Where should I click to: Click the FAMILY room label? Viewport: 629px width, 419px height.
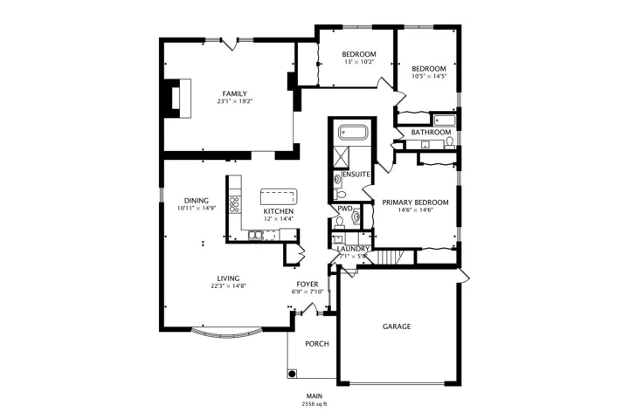[235, 93]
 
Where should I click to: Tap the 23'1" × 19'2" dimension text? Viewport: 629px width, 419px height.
[235, 101]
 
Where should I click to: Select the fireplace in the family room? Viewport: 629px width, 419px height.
[176, 99]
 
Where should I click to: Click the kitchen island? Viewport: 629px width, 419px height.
[279, 196]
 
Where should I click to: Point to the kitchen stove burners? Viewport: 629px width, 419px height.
[234, 204]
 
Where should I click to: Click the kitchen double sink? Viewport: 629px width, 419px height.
[255, 235]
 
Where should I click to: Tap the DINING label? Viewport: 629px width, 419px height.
[197, 201]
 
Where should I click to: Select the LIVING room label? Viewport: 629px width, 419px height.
[228, 278]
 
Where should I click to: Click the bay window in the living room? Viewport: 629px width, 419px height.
[226, 333]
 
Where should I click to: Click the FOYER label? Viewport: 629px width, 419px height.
[308, 285]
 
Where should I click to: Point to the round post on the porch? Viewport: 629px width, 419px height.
[293, 374]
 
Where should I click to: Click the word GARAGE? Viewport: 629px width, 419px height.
[397, 326]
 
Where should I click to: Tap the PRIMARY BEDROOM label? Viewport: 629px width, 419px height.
[415, 203]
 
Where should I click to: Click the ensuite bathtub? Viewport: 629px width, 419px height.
[353, 133]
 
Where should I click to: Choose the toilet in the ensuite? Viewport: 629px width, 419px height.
[340, 195]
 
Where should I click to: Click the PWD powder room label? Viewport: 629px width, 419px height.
[344, 209]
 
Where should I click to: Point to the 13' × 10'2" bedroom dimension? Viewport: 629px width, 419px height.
[359, 62]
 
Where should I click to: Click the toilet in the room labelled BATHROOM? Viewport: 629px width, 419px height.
[449, 141]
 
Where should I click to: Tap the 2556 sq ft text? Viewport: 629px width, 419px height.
[314, 404]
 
